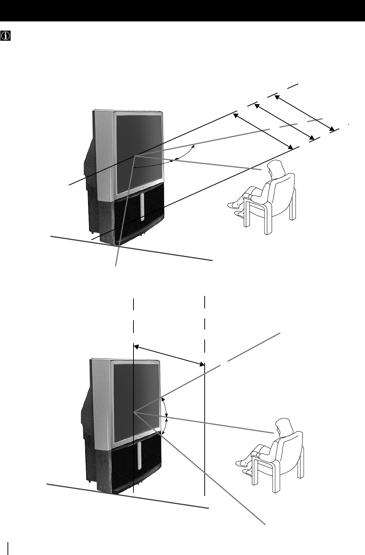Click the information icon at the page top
5,35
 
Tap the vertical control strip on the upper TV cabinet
142,207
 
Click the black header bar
182,11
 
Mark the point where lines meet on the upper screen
135,156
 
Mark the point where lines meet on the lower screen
133,412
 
